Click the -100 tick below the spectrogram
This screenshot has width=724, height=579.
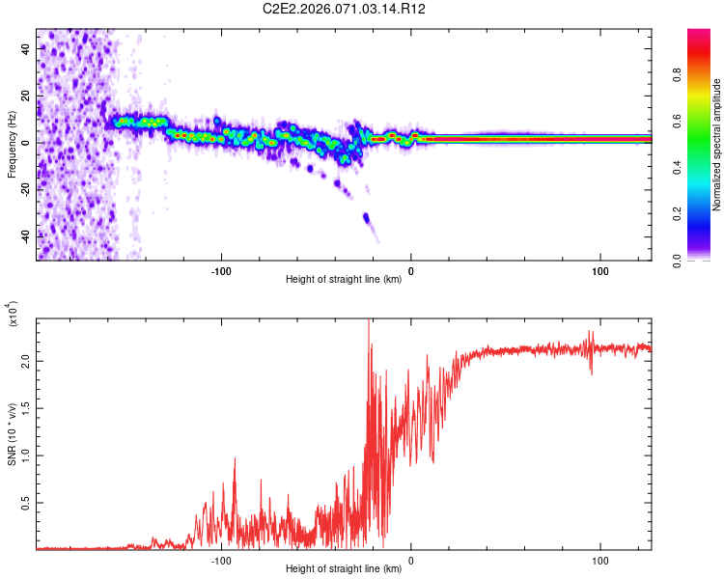tap(222, 270)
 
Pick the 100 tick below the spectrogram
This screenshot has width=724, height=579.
tap(600, 270)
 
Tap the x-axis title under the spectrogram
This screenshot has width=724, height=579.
tap(344, 280)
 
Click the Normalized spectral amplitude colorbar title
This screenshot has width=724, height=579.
tap(717, 145)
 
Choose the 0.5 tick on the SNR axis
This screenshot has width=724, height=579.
tap(24, 503)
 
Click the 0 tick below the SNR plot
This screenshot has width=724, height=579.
tap(411, 560)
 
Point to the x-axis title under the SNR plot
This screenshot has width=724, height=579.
tap(344, 569)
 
